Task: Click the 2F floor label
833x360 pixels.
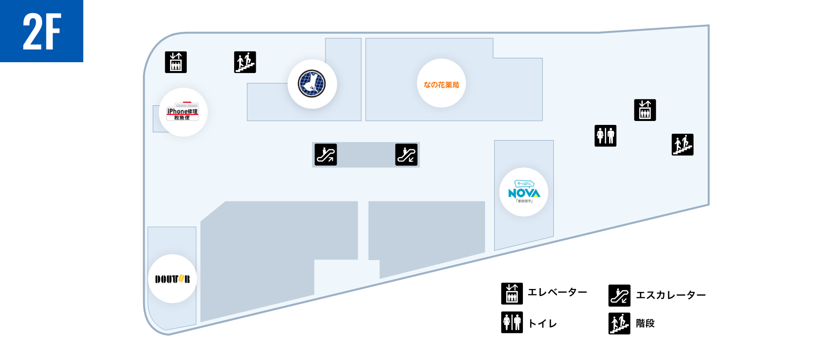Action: point(42,31)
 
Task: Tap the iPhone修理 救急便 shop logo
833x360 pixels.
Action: point(183,112)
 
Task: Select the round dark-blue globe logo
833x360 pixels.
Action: point(312,84)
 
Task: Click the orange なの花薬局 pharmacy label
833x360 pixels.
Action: point(441,85)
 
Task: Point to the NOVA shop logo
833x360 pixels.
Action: point(524,192)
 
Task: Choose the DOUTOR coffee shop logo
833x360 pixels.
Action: point(172,279)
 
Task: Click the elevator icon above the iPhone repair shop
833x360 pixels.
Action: point(176,62)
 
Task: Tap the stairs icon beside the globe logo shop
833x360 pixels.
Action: point(245,62)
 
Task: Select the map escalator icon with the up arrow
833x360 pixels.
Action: point(326,155)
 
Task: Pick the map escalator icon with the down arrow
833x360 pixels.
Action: point(406,155)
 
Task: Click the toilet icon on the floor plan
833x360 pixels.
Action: point(606,136)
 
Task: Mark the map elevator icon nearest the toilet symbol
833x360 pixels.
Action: point(645,110)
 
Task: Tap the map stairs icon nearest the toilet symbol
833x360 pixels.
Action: point(683,144)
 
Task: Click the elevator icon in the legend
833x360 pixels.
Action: point(512,293)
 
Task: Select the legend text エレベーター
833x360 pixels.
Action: point(557,292)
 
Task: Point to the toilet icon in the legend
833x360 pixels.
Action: point(512,322)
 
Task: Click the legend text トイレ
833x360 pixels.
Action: point(542,323)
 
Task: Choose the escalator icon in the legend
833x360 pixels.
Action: point(619,295)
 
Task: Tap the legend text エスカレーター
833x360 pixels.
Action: point(671,295)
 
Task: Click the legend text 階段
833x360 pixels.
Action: point(645,323)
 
